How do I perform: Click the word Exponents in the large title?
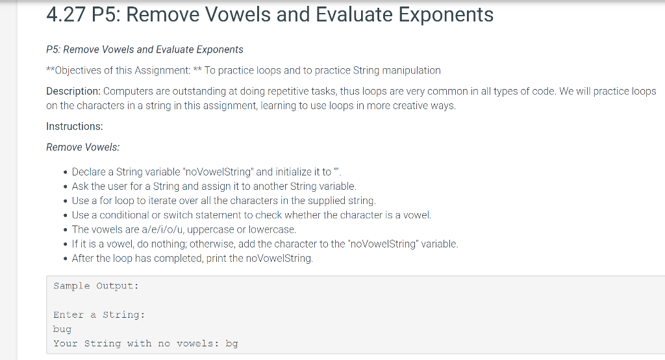446,14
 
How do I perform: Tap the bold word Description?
73,91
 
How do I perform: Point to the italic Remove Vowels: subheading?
83,147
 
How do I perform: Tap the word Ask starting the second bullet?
81,186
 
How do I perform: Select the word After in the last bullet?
84,258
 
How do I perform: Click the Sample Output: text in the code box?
96,286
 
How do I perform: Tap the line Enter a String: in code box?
99,315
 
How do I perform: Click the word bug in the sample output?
62,329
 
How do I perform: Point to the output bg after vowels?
231,344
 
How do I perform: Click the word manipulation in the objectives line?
410,70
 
